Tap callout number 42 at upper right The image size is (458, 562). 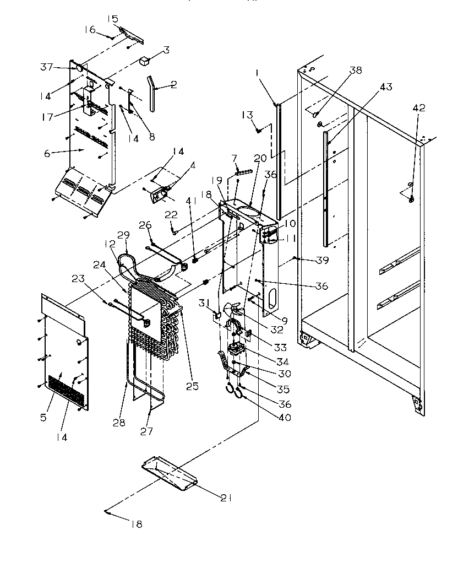419,108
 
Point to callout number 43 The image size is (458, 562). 386,87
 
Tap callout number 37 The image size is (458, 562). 46,67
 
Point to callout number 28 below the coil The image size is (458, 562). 119,423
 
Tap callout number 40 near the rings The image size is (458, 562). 285,417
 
